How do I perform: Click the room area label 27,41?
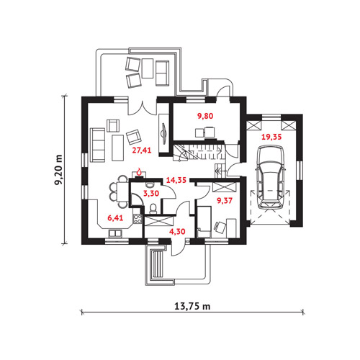click(142, 150)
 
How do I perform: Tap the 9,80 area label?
click(205, 116)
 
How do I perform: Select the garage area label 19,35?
click(271, 137)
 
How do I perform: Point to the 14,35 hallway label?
click(176, 180)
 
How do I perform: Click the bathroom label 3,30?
click(151, 193)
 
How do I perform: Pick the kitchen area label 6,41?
click(115, 218)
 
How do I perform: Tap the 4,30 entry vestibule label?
click(177, 232)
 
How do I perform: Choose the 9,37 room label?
click(225, 201)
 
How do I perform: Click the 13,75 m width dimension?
click(192, 307)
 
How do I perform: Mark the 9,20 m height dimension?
click(58, 170)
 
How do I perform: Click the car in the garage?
click(270, 177)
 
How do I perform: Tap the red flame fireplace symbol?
click(139, 171)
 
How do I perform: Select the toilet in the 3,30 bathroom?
click(153, 208)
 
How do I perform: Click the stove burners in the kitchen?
click(138, 219)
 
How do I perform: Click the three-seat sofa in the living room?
click(98, 145)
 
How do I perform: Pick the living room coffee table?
click(118, 148)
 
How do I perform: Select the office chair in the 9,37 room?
click(220, 226)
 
